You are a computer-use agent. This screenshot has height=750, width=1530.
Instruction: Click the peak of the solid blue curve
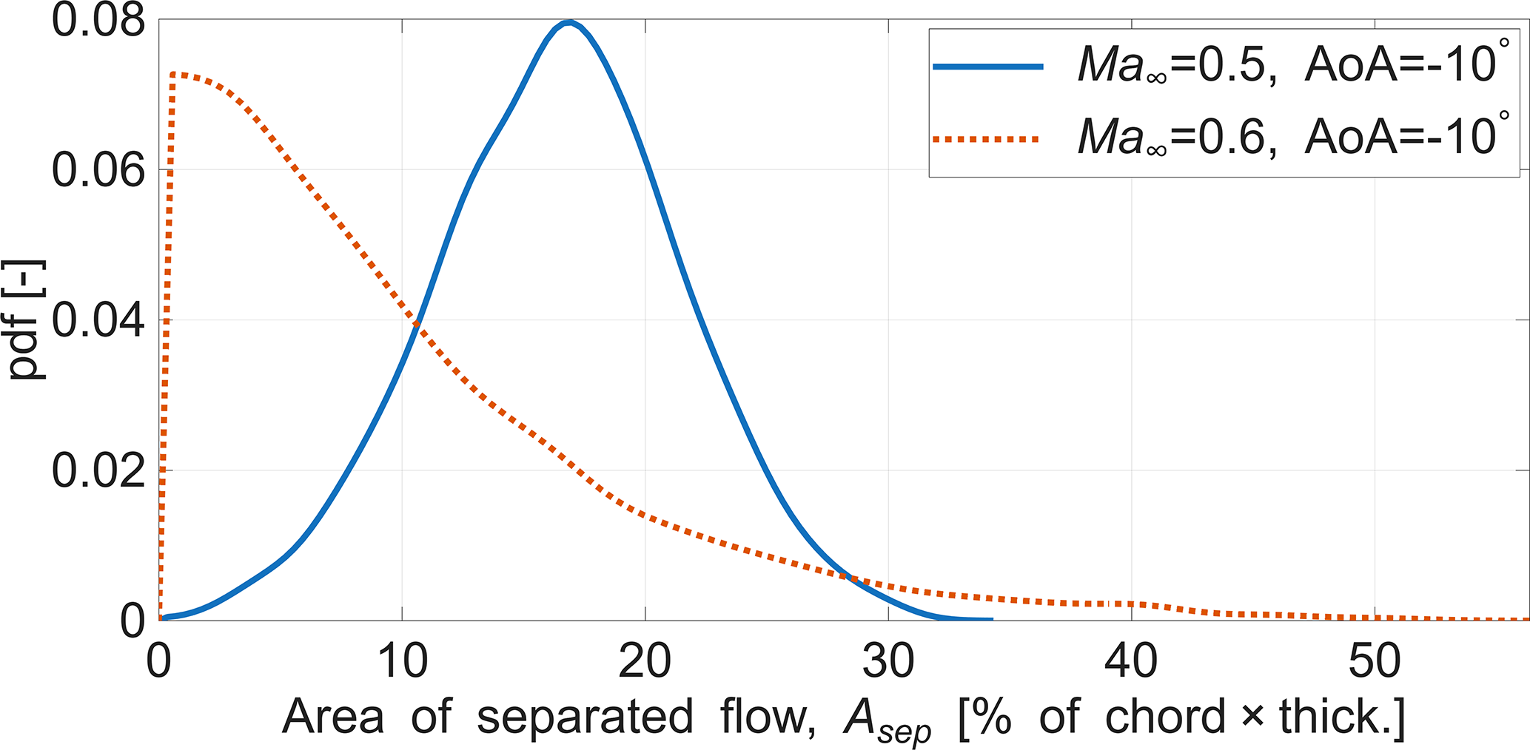568,22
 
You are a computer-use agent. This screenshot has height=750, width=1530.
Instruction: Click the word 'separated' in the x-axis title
585,717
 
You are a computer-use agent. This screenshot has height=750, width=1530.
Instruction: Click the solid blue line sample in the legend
988,67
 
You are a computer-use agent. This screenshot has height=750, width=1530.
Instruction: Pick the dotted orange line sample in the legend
988,138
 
